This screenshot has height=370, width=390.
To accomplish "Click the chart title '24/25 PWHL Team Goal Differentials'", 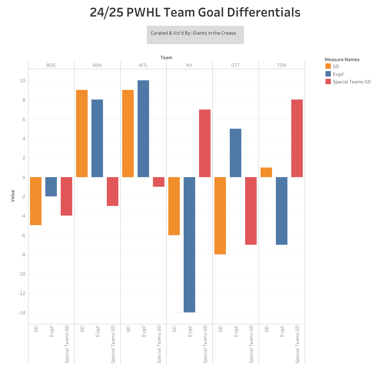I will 195,13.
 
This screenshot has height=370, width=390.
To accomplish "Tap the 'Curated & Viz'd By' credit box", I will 195,35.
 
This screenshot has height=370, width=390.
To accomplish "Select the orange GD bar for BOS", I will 36,201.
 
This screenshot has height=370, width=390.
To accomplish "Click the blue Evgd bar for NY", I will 189,245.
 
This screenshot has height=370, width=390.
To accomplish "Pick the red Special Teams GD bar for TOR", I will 297,138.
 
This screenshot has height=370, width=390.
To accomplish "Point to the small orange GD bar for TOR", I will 266,173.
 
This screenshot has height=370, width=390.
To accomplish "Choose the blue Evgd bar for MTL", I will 143,129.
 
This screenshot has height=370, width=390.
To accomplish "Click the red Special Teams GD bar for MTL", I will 159,182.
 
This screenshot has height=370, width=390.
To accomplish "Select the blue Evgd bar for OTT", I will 236,153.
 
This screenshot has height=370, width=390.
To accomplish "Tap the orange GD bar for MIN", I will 82,133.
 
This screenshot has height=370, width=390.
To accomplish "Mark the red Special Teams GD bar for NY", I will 205,143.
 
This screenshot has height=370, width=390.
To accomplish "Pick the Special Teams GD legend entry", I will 351,82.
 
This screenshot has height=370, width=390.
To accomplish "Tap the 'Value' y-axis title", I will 13,196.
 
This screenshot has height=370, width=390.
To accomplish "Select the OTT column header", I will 236,65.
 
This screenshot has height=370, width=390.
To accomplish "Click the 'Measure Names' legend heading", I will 342,60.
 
